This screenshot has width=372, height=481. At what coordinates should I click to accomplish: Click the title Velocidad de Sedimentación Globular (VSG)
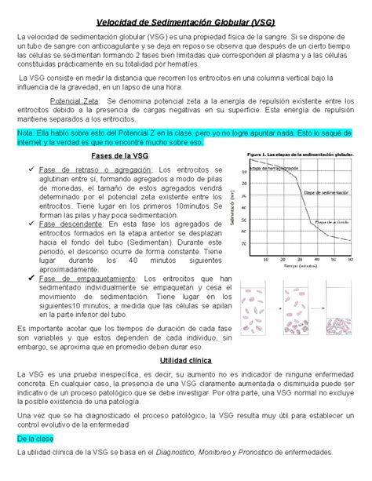[x=185, y=21]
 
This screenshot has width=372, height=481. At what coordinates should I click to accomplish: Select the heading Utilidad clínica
[x=185, y=359]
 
